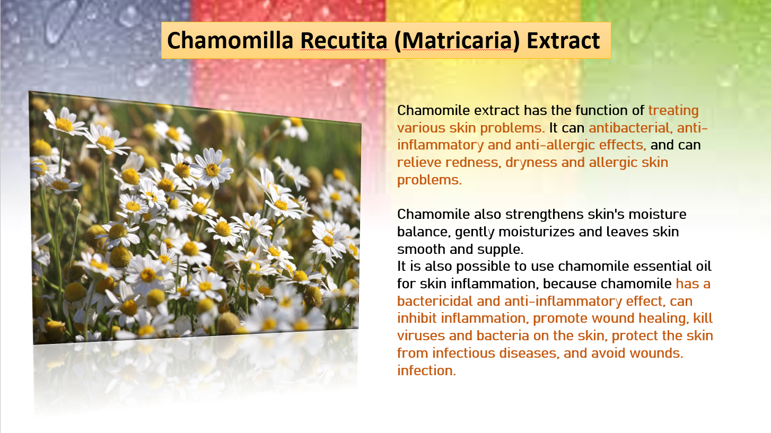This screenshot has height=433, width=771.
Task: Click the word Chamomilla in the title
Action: point(230,41)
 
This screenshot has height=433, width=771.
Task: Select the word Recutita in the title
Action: point(344,41)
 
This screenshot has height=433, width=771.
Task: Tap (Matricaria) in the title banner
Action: point(457,41)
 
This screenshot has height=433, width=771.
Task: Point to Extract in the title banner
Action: point(564,41)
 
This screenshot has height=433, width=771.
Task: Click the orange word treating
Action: point(673,111)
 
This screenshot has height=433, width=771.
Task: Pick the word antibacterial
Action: point(630,128)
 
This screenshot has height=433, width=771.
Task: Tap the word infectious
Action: point(464,353)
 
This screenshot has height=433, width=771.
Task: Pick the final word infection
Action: point(426,371)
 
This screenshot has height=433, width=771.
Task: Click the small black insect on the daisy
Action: point(186,163)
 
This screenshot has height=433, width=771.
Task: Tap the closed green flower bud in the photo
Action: point(76,207)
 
